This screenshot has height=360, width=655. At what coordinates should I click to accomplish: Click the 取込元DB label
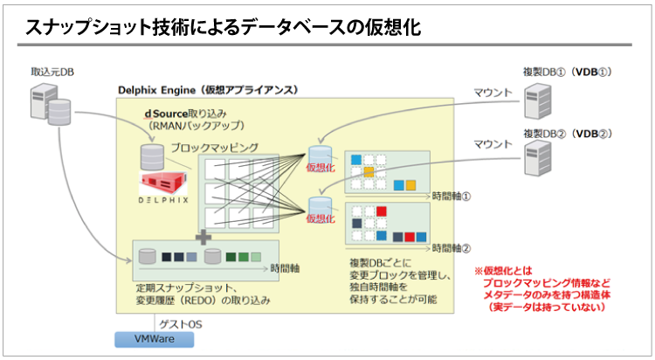[x=52, y=71]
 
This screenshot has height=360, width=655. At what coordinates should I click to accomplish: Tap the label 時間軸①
[x=452, y=196]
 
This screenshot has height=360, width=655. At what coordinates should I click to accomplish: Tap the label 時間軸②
[x=452, y=247]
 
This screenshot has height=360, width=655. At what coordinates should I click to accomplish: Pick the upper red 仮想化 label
[x=319, y=168]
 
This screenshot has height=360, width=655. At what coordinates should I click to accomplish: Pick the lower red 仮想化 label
[x=319, y=219]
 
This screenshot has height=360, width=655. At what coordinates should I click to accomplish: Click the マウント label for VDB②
[x=493, y=143]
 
